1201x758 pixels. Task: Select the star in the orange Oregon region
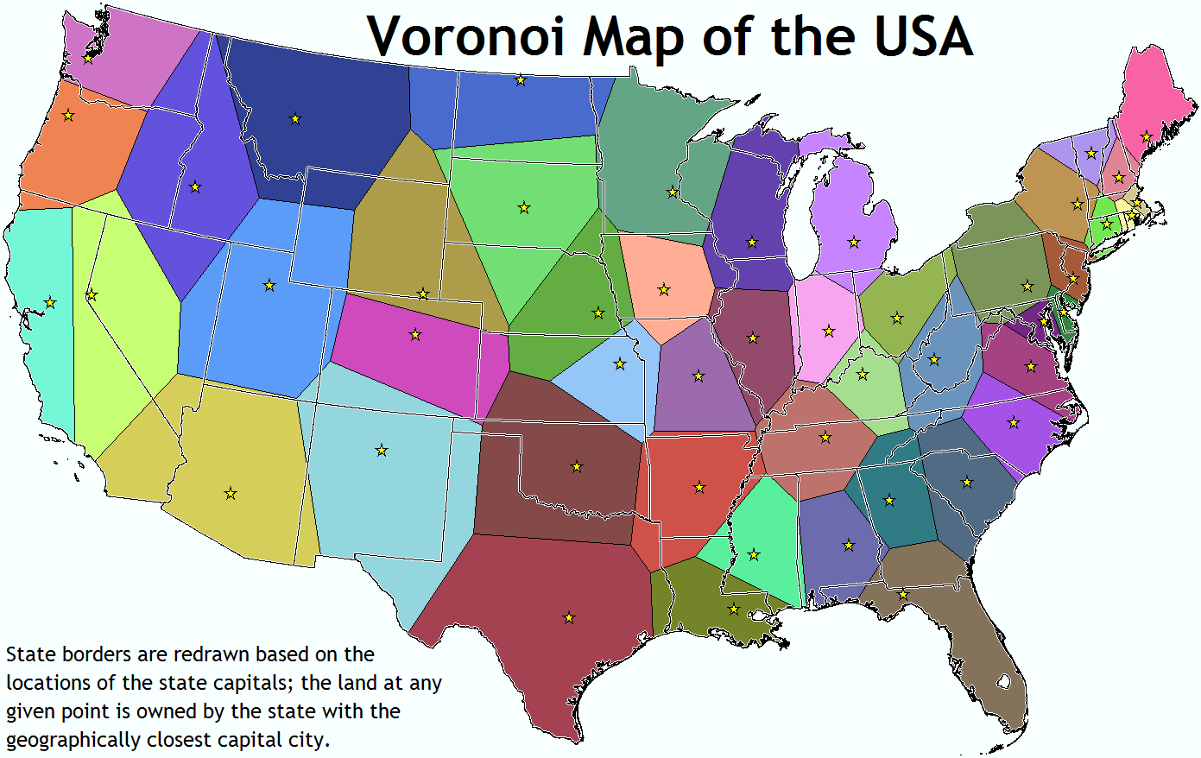(68, 116)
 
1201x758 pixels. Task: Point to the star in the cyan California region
(50, 303)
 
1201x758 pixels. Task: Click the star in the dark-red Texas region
(569, 618)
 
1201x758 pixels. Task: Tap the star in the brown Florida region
(903, 594)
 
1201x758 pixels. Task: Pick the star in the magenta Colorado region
(415, 334)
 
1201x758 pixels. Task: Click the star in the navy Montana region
(295, 118)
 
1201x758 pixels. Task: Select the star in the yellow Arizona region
(231, 493)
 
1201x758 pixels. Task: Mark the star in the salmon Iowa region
(664, 289)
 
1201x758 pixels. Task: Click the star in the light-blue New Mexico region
(382, 450)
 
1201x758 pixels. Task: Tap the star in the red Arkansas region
(699, 487)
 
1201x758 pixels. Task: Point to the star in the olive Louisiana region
(734, 609)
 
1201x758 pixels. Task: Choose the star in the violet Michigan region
(854, 243)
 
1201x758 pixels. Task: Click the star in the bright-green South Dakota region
(524, 207)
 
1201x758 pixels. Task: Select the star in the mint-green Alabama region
(754, 554)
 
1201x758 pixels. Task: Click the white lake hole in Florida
(1003, 681)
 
